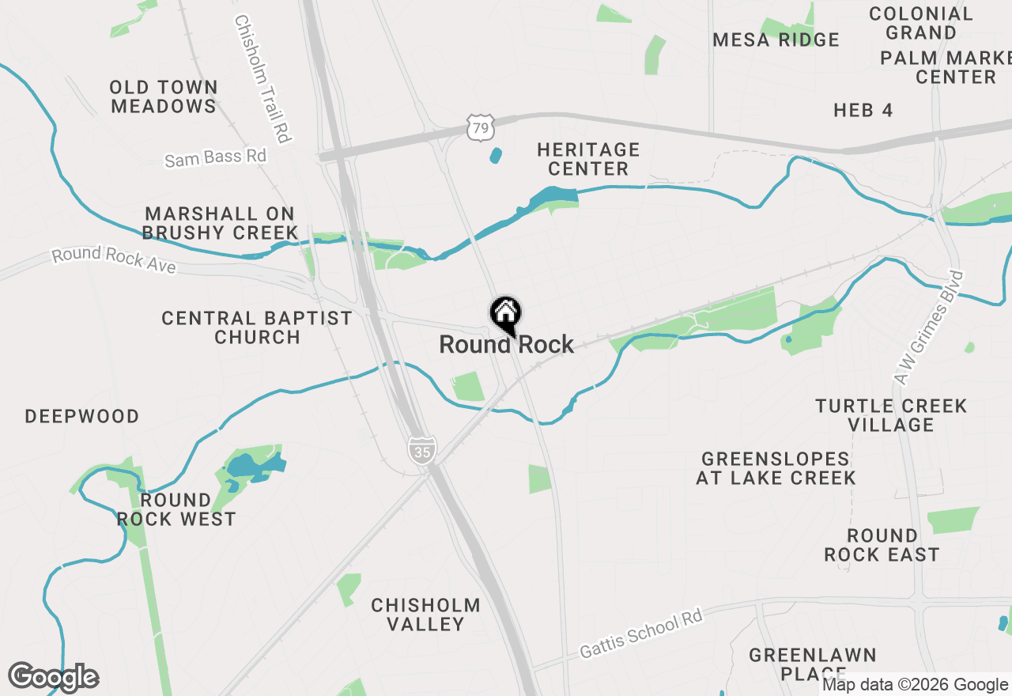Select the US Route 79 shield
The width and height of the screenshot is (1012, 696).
pyautogui.click(x=481, y=127)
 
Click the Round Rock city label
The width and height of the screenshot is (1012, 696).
pyautogui.click(x=506, y=345)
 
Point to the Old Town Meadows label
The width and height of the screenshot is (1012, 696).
pyautogui.click(x=164, y=96)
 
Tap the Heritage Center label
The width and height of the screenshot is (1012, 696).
pyautogui.click(x=587, y=159)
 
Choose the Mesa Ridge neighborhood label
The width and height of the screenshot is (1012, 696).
pyautogui.click(x=776, y=40)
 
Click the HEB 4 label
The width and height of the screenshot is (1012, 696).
pyautogui.click(x=863, y=111)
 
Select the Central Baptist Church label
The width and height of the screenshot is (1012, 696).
pyautogui.click(x=257, y=327)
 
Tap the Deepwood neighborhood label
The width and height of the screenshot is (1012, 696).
pyautogui.click(x=82, y=417)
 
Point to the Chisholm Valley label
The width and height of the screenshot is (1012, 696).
pyautogui.click(x=426, y=615)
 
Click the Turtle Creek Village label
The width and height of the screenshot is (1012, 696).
pyautogui.click(x=891, y=415)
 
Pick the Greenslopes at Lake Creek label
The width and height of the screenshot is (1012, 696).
pyautogui.click(x=776, y=468)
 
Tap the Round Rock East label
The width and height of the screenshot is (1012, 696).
pyautogui.click(x=882, y=545)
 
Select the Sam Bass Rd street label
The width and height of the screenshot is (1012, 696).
pyautogui.click(x=215, y=157)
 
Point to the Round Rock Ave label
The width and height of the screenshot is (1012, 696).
pyautogui.click(x=114, y=259)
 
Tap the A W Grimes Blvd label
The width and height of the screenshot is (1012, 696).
pyautogui.click(x=931, y=327)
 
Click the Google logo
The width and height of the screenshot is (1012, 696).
pyautogui.click(x=53, y=677)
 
